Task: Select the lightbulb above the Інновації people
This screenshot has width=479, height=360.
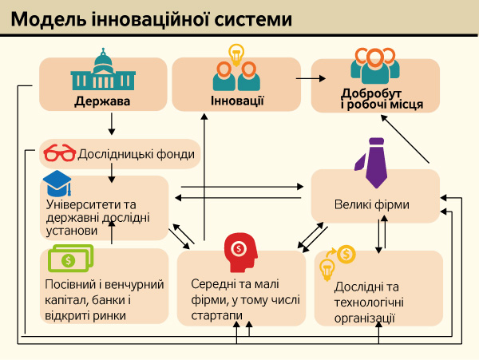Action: click(x=236, y=53)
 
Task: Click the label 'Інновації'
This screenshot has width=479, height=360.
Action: click(x=237, y=101)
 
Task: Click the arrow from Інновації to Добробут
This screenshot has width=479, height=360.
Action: click(x=311, y=78)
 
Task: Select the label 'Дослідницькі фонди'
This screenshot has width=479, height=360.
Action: click(x=135, y=153)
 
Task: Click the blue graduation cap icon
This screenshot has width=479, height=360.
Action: click(x=56, y=184)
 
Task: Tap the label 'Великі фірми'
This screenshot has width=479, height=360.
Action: click(x=372, y=204)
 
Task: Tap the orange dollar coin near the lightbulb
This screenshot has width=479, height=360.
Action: click(x=346, y=255)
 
